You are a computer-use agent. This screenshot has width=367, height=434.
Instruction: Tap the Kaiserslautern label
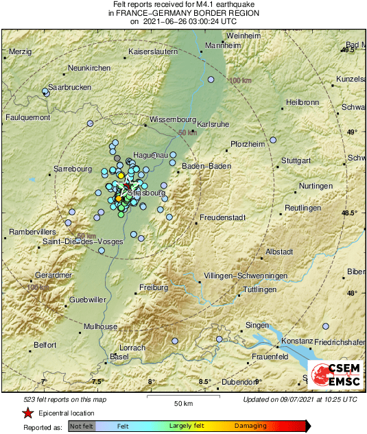tap(156, 52)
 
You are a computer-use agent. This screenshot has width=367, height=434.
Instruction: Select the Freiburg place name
tap(154, 287)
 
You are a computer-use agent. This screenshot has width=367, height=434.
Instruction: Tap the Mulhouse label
tap(101, 326)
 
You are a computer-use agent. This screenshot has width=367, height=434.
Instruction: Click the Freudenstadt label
tap(222, 217)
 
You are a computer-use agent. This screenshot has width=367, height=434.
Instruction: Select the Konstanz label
tap(297, 341)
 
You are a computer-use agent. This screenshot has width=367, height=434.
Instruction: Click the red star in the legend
tap(27, 413)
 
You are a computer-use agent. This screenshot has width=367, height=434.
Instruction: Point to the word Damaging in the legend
tap(250, 426)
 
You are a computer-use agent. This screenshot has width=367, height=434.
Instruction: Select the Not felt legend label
tap(82, 426)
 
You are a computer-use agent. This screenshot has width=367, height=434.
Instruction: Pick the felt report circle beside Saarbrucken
tap(46, 91)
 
